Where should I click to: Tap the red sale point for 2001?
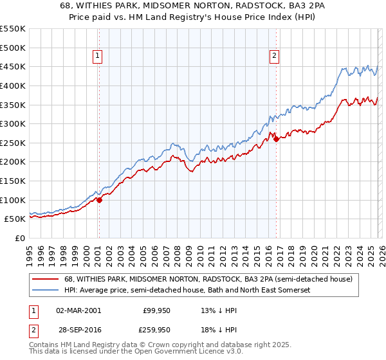[99, 200]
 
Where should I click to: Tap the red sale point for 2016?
[276, 139]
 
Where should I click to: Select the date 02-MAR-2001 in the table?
[78, 310]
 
